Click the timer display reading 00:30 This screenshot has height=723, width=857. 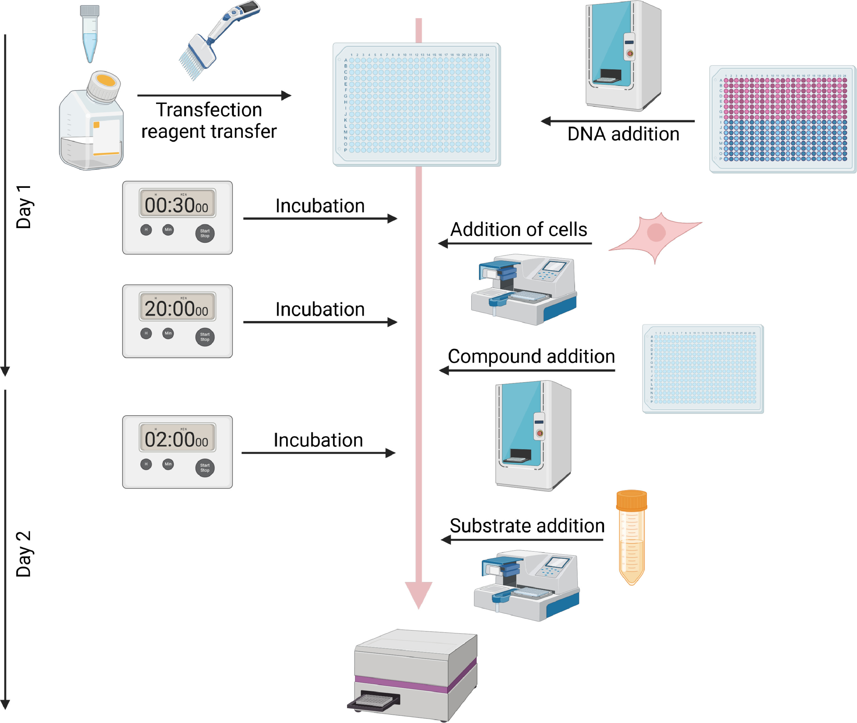(x=177, y=204)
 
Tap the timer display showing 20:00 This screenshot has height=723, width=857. (x=177, y=307)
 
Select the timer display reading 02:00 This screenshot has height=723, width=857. (x=177, y=438)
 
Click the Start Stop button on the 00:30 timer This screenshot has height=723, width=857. (x=205, y=234)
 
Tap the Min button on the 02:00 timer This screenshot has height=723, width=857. (x=168, y=464)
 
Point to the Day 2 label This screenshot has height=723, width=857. (x=24, y=554)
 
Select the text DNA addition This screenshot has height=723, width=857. (x=623, y=134)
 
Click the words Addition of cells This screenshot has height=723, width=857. (x=518, y=229)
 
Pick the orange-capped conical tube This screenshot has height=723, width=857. (x=631, y=537)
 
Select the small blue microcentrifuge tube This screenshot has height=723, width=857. (x=89, y=33)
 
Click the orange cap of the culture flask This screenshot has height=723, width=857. (x=106, y=81)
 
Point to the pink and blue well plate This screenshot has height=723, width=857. (x=782, y=119)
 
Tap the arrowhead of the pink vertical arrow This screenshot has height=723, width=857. (x=418, y=594)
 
